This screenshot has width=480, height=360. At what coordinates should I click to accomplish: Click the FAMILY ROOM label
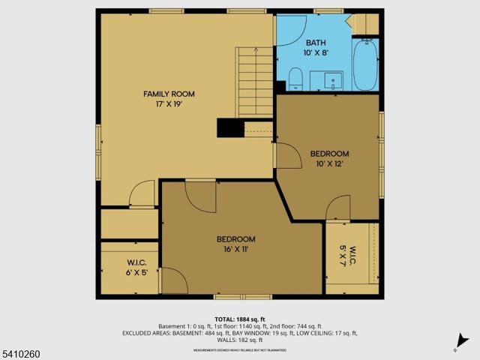[x=169, y=94]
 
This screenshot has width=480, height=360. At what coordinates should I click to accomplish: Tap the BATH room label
[x=316, y=43]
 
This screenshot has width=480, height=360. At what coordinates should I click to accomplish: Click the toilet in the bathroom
[x=295, y=78]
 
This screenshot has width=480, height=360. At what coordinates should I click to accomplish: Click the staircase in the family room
[x=255, y=82]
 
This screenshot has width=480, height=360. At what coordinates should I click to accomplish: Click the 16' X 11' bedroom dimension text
[x=235, y=249]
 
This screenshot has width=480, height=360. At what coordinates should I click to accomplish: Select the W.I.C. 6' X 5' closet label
[x=136, y=268]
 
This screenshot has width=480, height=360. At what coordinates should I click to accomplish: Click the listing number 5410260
[x=22, y=351]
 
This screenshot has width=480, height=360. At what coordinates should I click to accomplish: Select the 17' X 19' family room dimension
[x=169, y=105]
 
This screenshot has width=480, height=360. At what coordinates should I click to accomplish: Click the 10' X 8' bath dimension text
[x=316, y=54]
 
